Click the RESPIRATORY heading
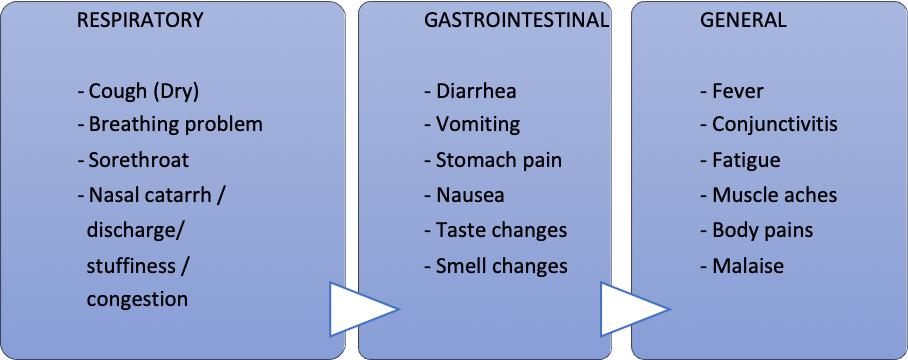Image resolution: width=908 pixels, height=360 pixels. pos(140,20)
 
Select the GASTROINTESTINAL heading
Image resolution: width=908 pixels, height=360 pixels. pos(517,20)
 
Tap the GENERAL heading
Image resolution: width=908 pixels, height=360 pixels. pos(744,20)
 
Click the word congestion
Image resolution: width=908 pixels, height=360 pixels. pos(137,300)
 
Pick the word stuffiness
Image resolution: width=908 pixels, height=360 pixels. pos(131,265)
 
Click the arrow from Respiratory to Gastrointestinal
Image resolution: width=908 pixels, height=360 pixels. pos(364,309)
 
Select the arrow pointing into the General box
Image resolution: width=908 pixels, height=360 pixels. pos(635,309)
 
